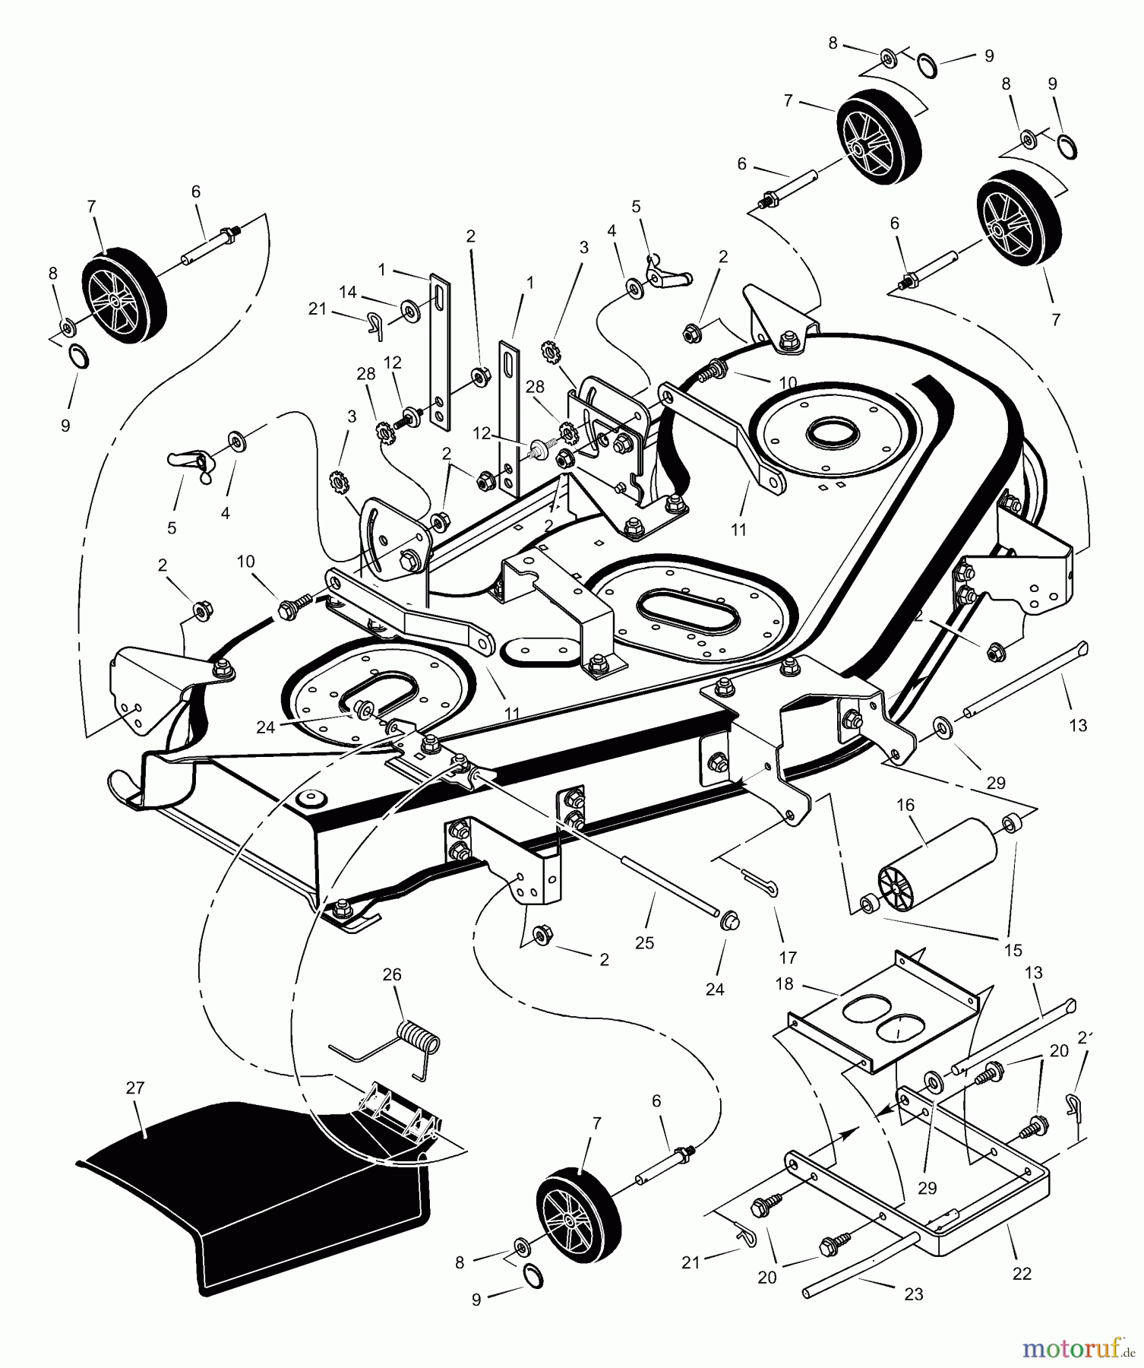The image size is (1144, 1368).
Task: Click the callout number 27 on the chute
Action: [x=134, y=1088]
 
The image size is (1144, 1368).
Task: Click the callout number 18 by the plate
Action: [x=784, y=984]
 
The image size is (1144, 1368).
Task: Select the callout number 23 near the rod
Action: [x=914, y=1294]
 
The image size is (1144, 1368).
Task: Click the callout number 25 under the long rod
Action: [x=644, y=942]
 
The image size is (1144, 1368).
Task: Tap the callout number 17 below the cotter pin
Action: [x=787, y=958]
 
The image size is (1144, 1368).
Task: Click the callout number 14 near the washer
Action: [x=348, y=291]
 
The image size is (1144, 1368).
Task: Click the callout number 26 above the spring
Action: [x=392, y=974]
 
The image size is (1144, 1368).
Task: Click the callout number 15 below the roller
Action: [x=1013, y=950]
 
